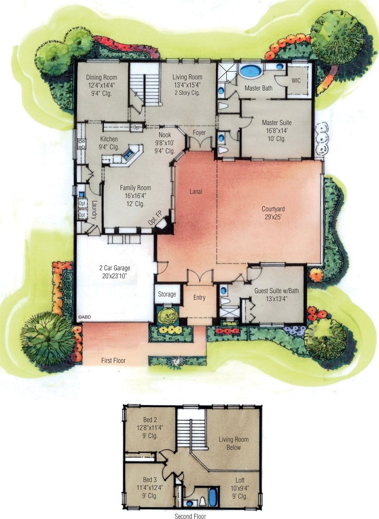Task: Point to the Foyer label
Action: tap(199, 133)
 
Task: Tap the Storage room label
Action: tap(167, 294)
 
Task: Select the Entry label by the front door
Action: tap(199, 297)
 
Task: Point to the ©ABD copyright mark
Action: tap(83, 317)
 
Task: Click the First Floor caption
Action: tap(113, 361)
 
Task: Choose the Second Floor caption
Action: tap(189, 516)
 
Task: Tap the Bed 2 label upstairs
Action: tap(150, 419)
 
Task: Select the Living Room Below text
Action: tap(233, 443)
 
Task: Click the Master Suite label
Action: tap(276, 123)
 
